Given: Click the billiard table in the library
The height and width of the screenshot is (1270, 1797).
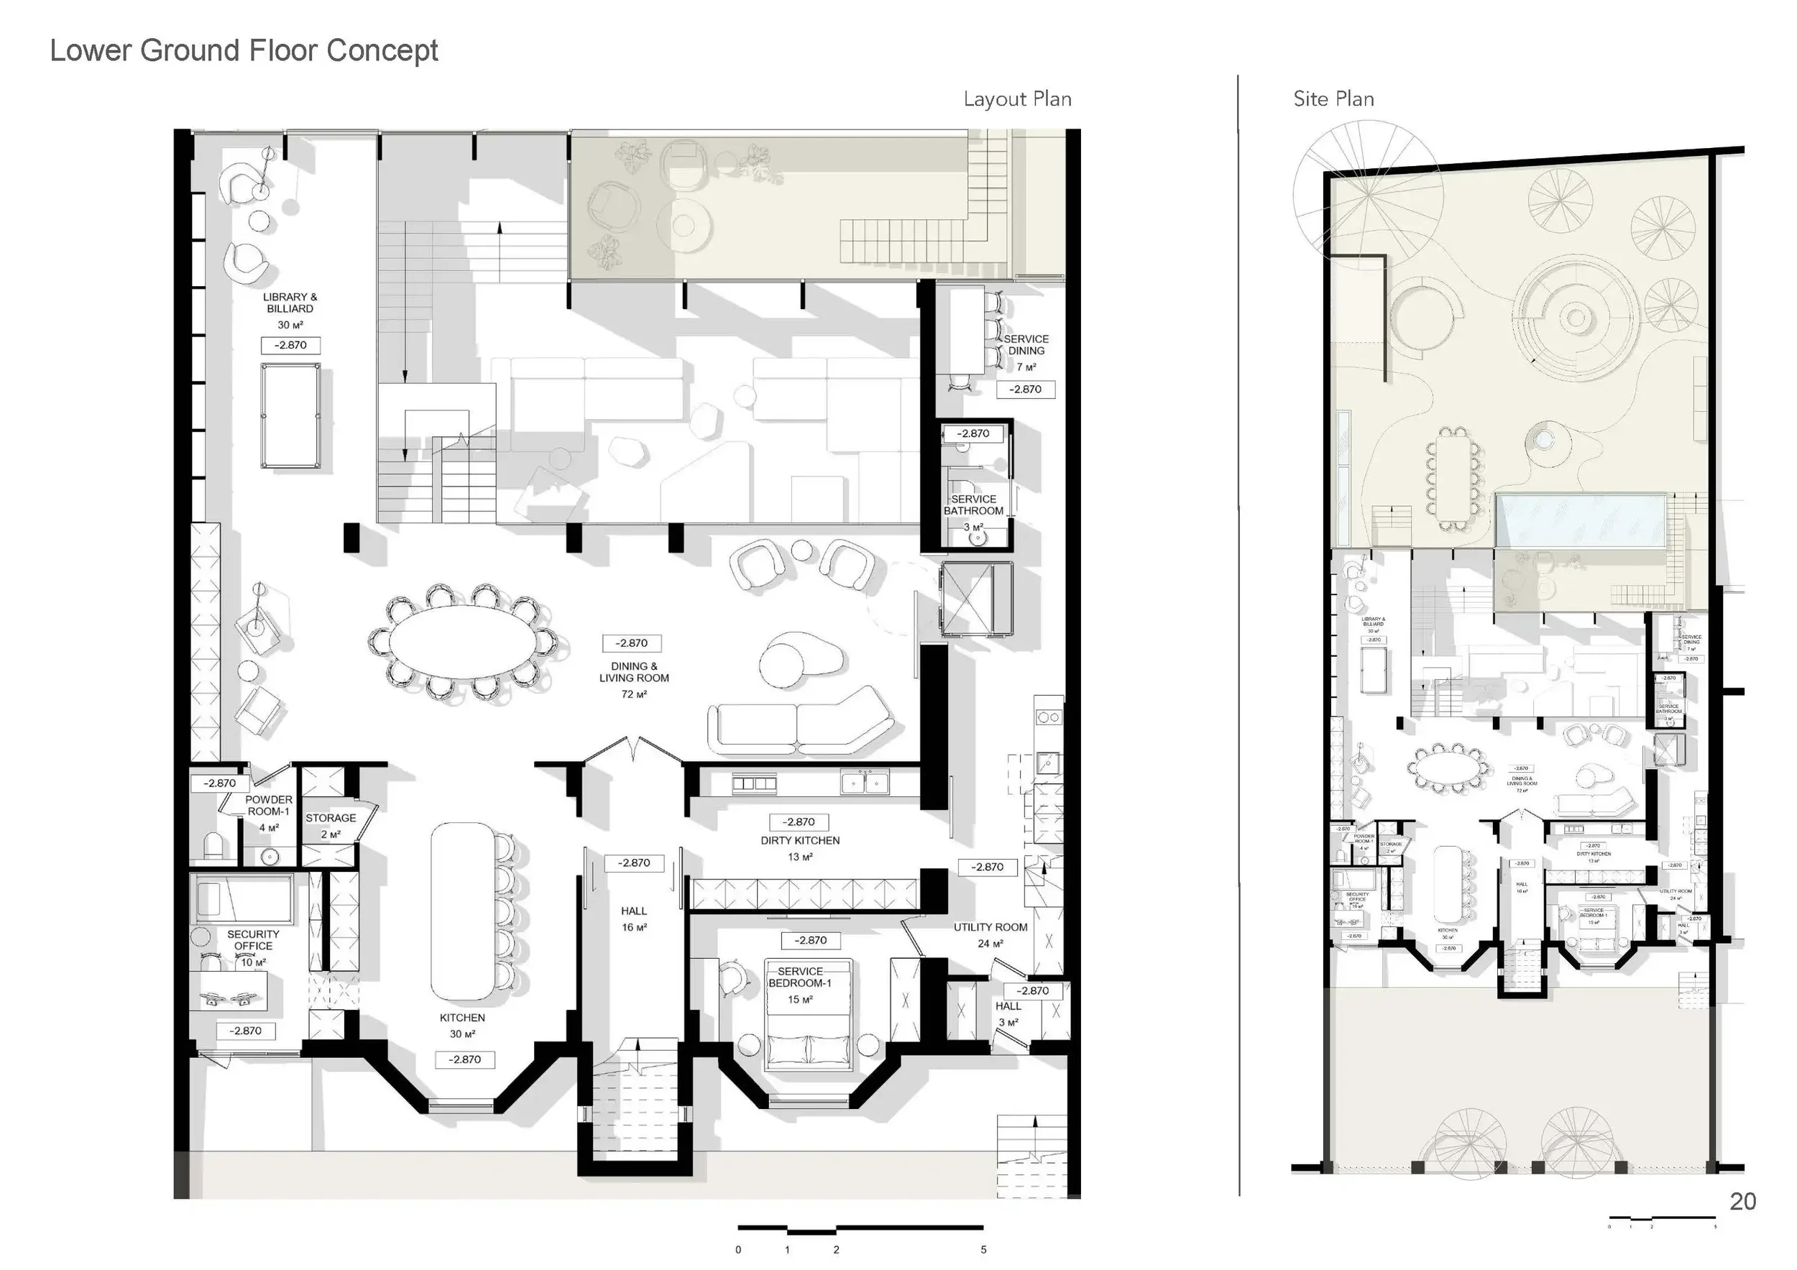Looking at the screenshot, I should (x=290, y=415).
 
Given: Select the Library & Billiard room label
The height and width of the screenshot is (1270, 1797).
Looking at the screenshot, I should (x=290, y=303).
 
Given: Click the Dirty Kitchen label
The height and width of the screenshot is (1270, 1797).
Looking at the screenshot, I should (x=800, y=840).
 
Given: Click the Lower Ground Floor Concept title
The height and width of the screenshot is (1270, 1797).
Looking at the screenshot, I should (x=244, y=50).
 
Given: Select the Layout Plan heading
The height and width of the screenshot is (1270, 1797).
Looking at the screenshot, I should (x=1016, y=99).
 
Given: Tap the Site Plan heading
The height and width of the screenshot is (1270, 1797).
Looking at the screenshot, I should (x=1333, y=99).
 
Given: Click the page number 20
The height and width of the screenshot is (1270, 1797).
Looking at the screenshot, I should (x=1742, y=1201).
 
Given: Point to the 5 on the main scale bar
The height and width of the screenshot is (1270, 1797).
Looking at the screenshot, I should (x=983, y=1250).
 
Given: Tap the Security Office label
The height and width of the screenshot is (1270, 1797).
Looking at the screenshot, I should (x=253, y=940).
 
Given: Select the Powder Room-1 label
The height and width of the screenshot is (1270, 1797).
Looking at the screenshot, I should (x=268, y=805).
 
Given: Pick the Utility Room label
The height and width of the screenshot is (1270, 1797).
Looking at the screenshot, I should (x=990, y=927).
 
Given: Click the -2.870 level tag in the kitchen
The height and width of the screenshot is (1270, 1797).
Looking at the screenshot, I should (x=464, y=1059).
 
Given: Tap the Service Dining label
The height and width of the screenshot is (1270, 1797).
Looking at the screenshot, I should (x=1025, y=344).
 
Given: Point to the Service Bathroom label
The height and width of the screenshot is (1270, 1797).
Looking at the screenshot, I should (x=973, y=505).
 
